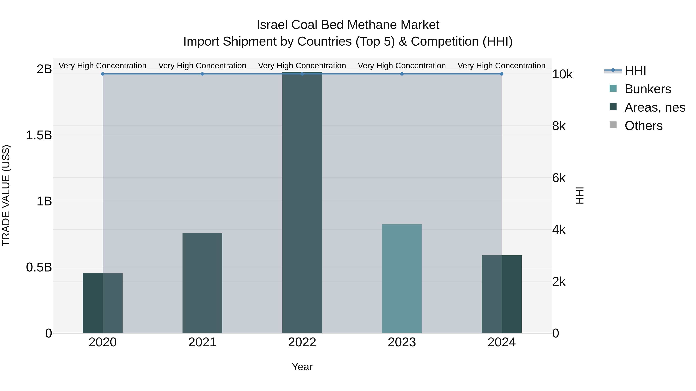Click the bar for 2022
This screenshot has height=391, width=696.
pyautogui.click(x=302, y=202)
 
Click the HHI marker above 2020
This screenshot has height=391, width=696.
pyautogui.click(x=103, y=74)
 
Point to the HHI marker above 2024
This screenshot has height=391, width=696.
pyautogui.click(x=502, y=74)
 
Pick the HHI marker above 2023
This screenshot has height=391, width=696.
pyautogui.click(x=402, y=74)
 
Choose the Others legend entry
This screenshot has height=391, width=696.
pyautogui.click(x=643, y=126)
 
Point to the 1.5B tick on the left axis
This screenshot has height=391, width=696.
pyautogui.click(x=39, y=135)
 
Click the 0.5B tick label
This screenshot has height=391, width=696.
pyautogui.click(x=39, y=267)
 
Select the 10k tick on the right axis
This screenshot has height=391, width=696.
pyautogui.click(x=562, y=75)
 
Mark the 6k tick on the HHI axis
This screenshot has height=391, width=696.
pyautogui.click(x=559, y=178)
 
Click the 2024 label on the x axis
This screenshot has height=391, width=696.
pyautogui.click(x=502, y=342)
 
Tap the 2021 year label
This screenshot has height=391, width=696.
pyautogui.click(x=202, y=342)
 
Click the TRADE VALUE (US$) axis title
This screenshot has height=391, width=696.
pyautogui.click(x=6, y=195)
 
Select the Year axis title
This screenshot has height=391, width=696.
pyautogui.click(x=302, y=367)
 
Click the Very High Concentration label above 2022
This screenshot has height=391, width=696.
pyautogui.click(x=302, y=66)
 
